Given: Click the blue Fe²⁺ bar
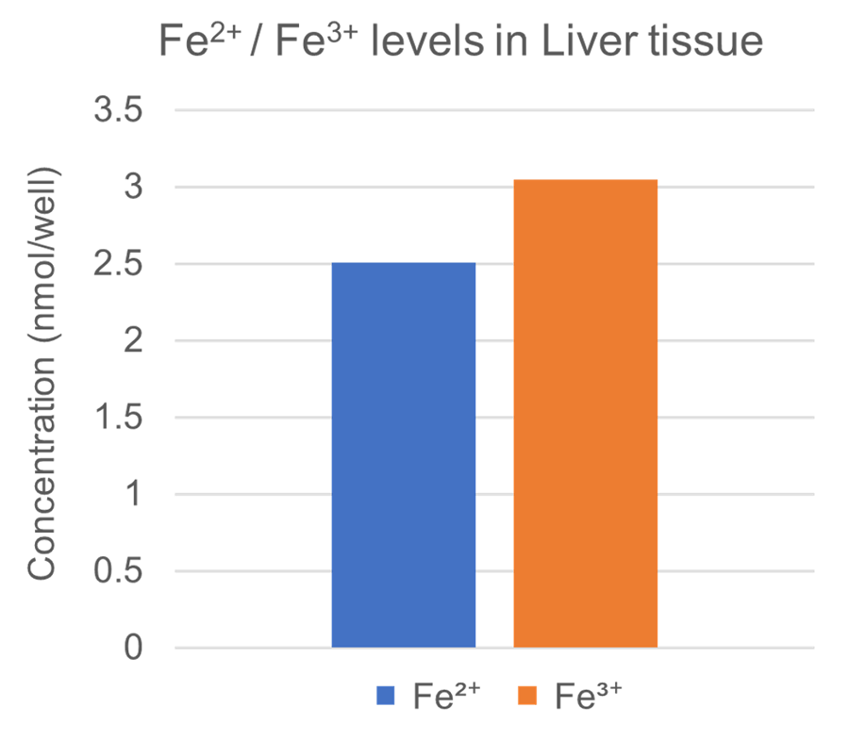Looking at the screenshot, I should click(404, 454).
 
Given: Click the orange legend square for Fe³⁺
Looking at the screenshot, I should click(528, 696).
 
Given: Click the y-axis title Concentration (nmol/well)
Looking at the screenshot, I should click(42, 377).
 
